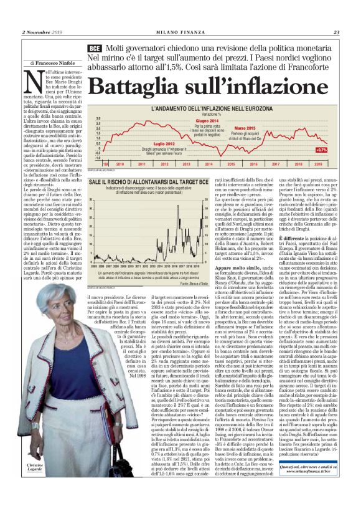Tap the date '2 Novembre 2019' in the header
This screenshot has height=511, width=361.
click(x=44, y=32)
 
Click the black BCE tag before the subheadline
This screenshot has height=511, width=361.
click(x=95, y=49)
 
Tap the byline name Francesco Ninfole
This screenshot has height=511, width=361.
click(x=55, y=64)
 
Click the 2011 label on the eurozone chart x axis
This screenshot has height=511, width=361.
click(x=142, y=163)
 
